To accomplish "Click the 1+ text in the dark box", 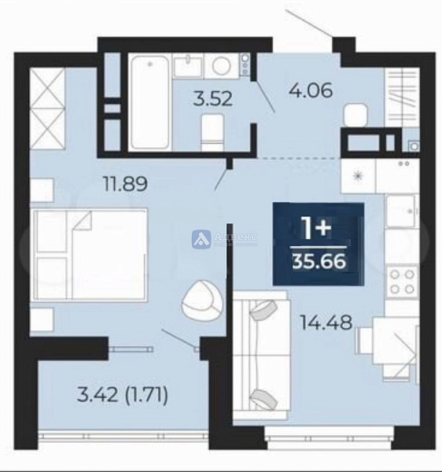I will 318,228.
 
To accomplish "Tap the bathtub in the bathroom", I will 149,100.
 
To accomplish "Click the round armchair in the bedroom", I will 197,299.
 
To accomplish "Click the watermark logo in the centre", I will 201,238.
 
